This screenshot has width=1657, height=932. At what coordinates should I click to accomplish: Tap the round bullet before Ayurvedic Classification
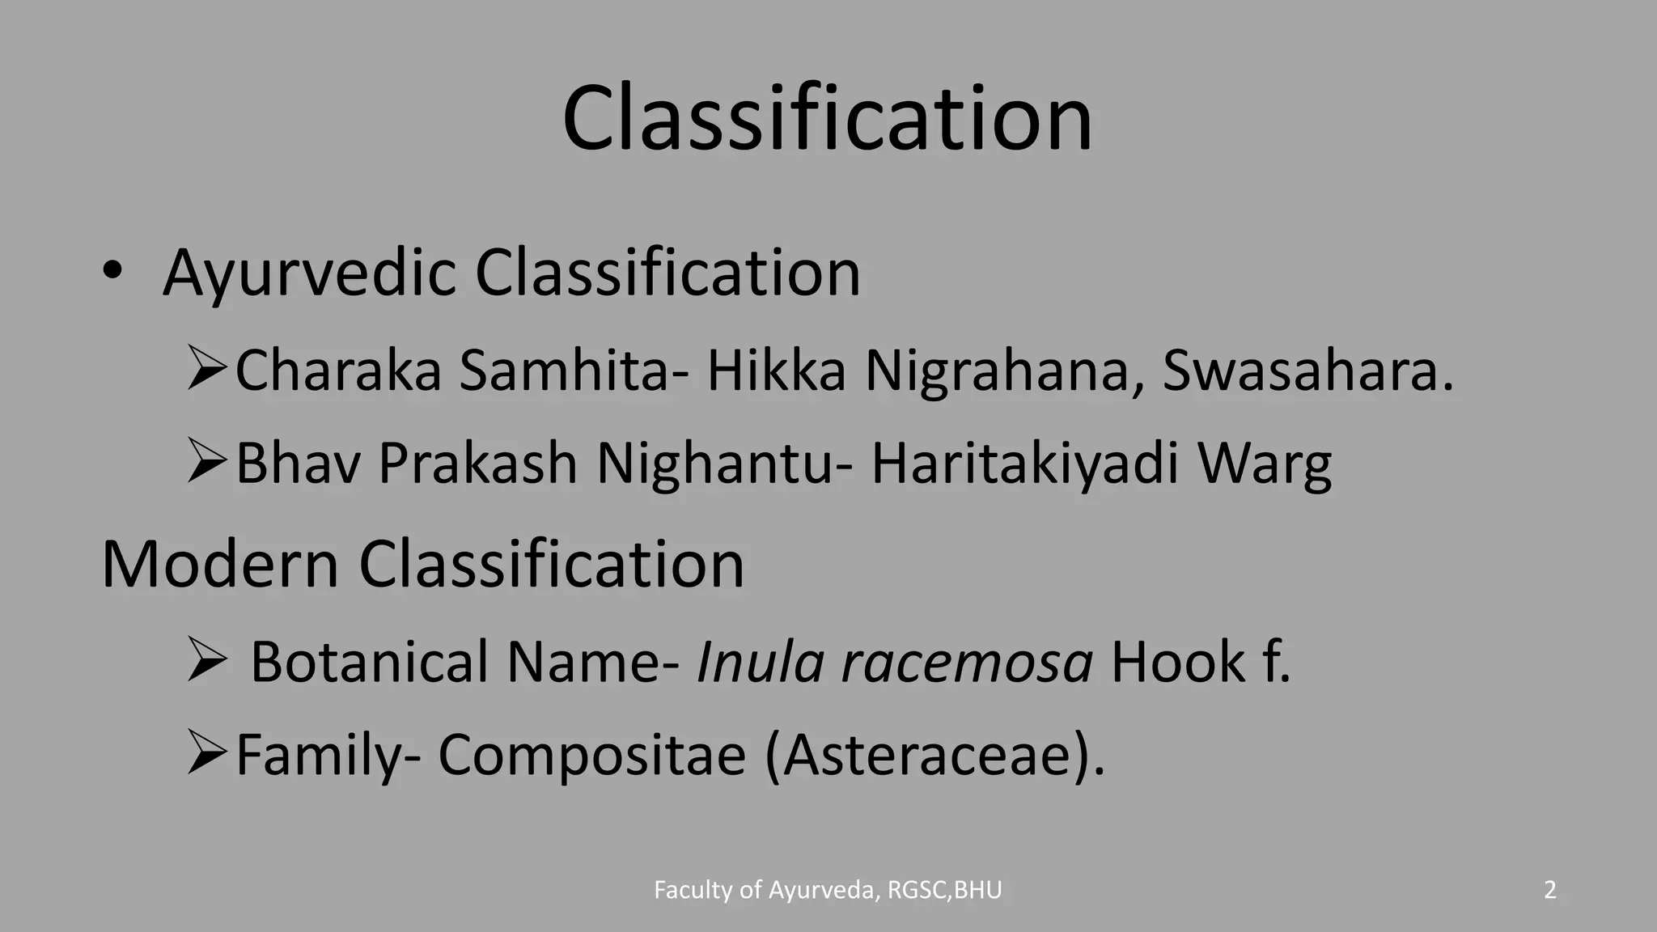(112, 273)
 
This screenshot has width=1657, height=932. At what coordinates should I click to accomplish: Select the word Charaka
(338, 371)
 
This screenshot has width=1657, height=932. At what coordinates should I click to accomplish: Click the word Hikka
(776, 371)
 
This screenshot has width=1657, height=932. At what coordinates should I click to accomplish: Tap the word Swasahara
(1299, 371)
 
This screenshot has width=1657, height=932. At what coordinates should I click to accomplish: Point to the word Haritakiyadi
(1024, 464)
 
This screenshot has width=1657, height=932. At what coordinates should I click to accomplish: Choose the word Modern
(219, 564)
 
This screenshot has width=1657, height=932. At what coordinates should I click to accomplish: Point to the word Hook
(1178, 662)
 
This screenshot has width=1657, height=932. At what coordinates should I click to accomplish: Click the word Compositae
(591, 755)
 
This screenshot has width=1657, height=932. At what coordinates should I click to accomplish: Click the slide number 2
(1549, 890)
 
